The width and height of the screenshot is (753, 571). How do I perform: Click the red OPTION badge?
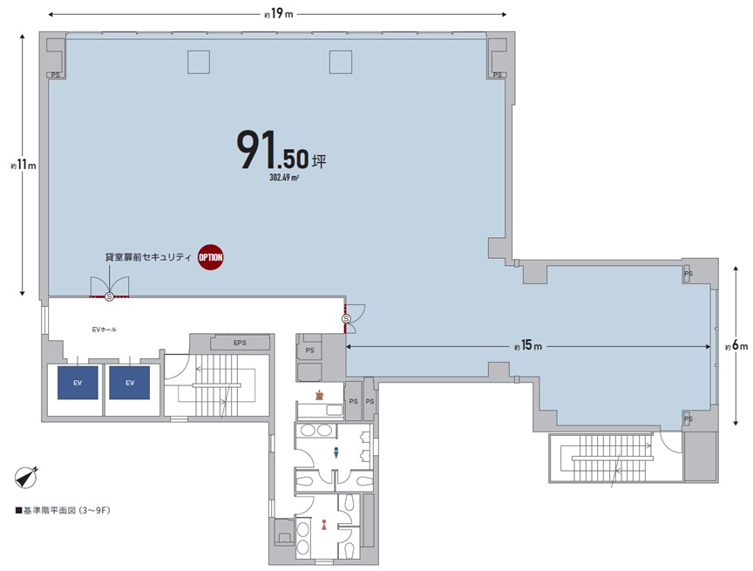point(211,257)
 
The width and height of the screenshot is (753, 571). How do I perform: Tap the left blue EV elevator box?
point(78,383)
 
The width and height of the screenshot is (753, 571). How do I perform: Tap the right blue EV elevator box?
point(130,383)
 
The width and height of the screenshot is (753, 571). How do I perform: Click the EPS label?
point(241,343)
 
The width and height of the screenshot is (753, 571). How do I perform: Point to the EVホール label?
point(105,330)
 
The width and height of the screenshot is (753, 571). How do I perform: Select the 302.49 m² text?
point(284,178)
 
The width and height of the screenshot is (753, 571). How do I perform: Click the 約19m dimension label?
point(279,14)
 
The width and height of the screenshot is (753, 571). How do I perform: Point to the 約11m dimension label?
point(23,166)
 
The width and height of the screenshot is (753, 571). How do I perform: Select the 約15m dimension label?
point(528,346)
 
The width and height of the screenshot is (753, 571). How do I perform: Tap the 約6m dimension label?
point(736,346)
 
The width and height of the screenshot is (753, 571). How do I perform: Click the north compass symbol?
point(27,477)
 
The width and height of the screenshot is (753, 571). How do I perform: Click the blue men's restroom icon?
point(336,452)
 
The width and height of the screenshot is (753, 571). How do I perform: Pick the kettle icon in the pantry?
point(318,396)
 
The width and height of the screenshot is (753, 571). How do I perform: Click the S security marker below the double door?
point(110,296)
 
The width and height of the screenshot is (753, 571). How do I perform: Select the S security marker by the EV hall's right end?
point(346,319)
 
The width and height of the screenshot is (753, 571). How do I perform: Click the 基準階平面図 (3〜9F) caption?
point(63,511)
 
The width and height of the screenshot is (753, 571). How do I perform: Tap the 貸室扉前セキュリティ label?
point(148,257)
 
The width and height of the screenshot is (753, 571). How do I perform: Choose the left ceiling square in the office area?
point(199,63)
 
